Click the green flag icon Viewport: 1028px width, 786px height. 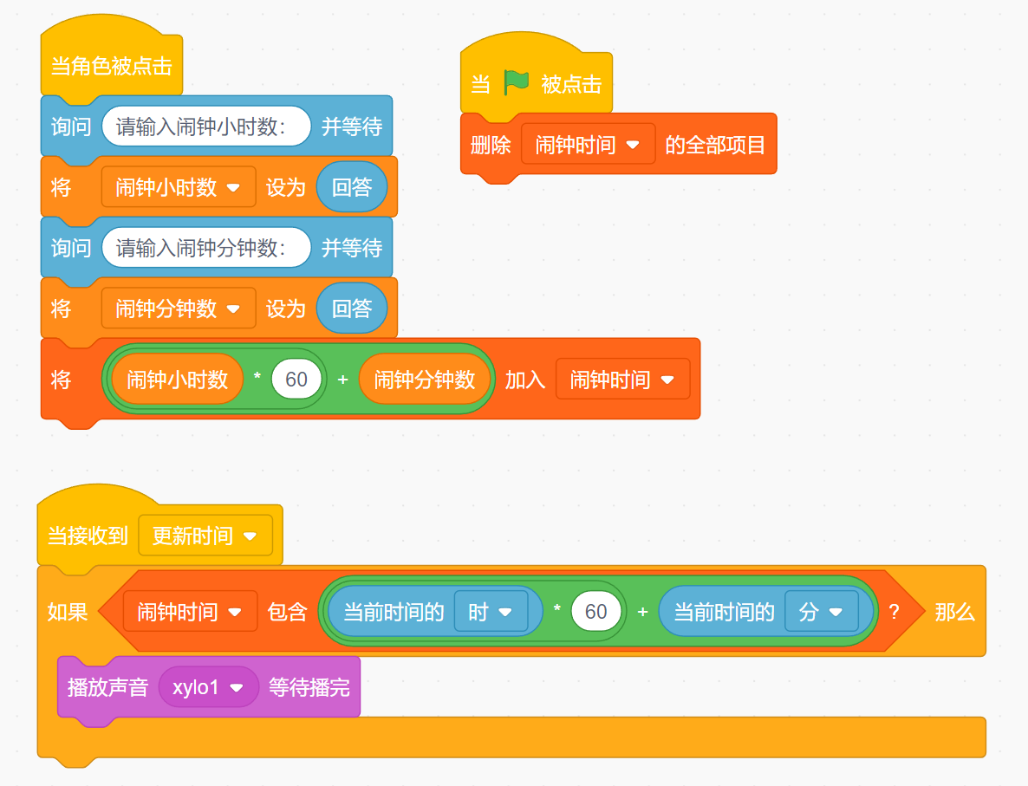(517, 82)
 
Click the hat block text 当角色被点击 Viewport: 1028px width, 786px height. (112, 66)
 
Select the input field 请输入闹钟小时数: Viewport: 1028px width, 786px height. (206, 127)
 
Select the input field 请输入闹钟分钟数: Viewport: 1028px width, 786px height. (206, 248)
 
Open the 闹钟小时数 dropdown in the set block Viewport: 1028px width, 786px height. (179, 187)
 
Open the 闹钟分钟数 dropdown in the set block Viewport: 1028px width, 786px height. (179, 309)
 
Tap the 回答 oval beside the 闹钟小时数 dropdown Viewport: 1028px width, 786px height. (352, 187)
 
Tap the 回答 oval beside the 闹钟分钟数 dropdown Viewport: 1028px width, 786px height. (352, 309)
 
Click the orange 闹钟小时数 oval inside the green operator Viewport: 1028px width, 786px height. (178, 380)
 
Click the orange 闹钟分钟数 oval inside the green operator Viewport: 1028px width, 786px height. (425, 380)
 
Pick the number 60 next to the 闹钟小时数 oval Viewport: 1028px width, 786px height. (296, 380)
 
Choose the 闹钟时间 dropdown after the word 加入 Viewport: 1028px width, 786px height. (622, 380)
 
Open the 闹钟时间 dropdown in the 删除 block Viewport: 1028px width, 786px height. (588, 144)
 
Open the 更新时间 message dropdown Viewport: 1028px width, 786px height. (205, 536)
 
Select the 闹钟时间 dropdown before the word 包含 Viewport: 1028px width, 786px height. (191, 612)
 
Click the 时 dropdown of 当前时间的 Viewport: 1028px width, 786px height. (491, 612)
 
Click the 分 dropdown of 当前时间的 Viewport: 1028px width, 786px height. (822, 612)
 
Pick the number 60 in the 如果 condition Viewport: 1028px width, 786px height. (596, 612)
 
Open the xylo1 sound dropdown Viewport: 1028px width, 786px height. (209, 688)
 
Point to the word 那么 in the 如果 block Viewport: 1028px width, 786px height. (954, 612)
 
